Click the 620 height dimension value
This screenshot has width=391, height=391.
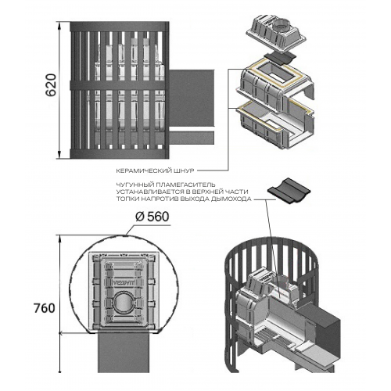pyautogui.click(x=52, y=85)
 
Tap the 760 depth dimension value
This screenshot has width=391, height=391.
pyautogui.click(x=45, y=308)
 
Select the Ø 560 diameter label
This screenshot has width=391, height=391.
pyautogui.click(x=152, y=217)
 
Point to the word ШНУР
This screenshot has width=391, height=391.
pyautogui.click(x=186, y=171)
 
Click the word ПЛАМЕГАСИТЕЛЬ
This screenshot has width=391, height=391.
pyautogui.click(x=185, y=185)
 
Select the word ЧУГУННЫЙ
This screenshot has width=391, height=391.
pyautogui.click(x=135, y=185)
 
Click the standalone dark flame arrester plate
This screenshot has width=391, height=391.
pyautogui.click(x=289, y=191)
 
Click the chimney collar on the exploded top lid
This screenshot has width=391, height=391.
pyautogui.click(x=282, y=24)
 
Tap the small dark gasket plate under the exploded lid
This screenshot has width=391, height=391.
pyautogui.click(x=279, y=59)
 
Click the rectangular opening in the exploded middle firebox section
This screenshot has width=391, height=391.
pyautogui.click(x=276, y=71)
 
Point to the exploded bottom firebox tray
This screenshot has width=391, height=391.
pyautogui.click(x=275, y=125)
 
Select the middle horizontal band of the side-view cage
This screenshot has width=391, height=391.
pyautogui.click(x=120, y=86)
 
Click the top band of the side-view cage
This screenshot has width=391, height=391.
pyautogui.click(x=120, y=27)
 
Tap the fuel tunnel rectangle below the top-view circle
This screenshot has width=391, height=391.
pyautogui.click(x=124, y=353)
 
